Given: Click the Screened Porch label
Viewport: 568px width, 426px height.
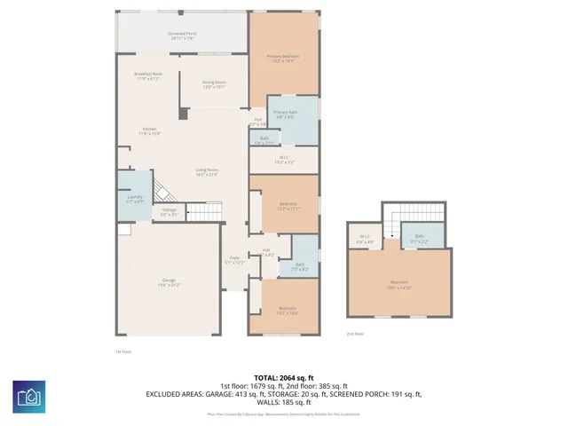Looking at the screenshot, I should (x=182, y=36).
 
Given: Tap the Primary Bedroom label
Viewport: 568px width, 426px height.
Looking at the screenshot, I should (x=283, y=58).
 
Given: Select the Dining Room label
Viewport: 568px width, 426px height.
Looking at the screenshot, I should (x=215, y=85).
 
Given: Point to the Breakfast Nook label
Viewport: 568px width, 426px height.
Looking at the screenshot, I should (x=147, y=76).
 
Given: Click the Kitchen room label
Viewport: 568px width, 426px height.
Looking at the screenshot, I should (x=151, y=131).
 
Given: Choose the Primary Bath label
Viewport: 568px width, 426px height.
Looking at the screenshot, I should (x=285, y=114).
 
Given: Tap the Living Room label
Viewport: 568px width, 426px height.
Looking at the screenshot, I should (x=207, y=172).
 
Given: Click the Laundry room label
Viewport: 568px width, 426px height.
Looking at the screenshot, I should (x=135, y=199).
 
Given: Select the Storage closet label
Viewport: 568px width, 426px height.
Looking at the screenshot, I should (x=169, y=213).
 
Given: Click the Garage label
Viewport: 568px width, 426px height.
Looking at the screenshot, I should (x=169, y=282).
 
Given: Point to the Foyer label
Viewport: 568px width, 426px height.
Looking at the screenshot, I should (x=234, y=262).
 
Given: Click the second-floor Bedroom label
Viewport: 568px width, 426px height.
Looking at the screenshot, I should (x=398, y=285).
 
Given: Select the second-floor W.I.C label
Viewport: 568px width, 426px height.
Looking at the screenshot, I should (x=365, y=239).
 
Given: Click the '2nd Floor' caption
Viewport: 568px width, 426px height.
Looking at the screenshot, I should (x=355, y=334).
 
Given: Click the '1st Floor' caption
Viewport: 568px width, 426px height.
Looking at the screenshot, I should (x=124, y=351).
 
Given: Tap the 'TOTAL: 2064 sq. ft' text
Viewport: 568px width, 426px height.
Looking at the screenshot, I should (x=284, y=377).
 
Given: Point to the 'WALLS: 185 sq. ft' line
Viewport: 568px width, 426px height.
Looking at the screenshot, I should (x=284, y=404).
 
